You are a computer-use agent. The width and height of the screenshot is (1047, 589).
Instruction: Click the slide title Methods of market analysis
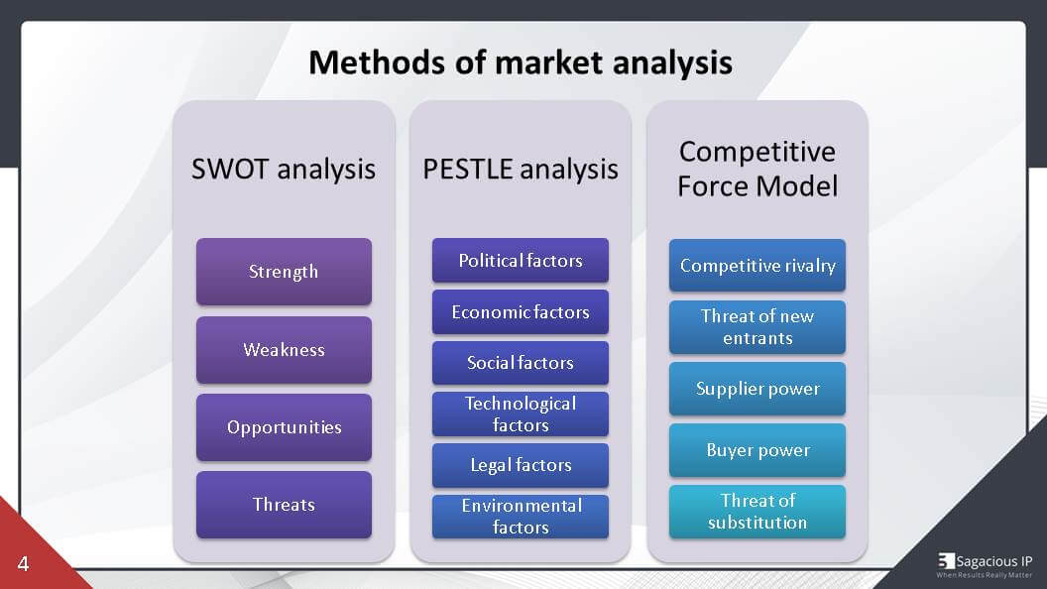tap(521, 62)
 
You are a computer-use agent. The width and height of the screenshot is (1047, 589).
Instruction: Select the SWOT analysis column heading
tap(284, 169)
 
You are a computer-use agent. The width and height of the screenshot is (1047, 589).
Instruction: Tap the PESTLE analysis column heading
tap(521, 169)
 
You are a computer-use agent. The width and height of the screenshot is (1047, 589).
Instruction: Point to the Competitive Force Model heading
tap(757, 169)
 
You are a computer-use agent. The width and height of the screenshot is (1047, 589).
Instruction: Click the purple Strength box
tap(284, 271)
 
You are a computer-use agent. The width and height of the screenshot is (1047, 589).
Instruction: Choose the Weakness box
tap(284, 349)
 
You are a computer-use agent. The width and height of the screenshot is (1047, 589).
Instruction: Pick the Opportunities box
tap(284, 427)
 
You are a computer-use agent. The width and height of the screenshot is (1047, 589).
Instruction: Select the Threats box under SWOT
tap(284, 505)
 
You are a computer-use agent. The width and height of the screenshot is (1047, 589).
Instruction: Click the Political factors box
tap(521, 260)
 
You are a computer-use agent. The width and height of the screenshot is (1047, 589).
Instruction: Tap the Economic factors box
tap(521, 311)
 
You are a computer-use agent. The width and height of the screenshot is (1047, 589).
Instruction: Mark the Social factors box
tap(521, 363)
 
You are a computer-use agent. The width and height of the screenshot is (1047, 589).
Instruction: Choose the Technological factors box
tap(521, 413)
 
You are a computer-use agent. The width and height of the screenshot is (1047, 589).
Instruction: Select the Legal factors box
tap(521, 465)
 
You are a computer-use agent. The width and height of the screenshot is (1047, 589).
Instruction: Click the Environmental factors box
tap(521, 516)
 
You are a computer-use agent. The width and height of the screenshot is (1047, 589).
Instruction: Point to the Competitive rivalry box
tap(757, 266)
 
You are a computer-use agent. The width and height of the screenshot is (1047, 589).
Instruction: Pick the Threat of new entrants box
tap(757, 327)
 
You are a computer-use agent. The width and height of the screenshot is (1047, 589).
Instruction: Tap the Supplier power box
tap(757, 389)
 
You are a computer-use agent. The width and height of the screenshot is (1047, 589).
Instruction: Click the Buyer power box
tap(757, 450)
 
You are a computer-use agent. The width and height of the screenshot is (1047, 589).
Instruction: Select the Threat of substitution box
tap(757, 512)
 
